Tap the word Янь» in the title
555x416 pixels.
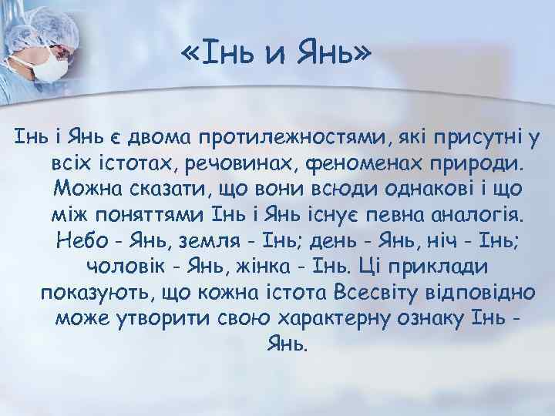[336, 55]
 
